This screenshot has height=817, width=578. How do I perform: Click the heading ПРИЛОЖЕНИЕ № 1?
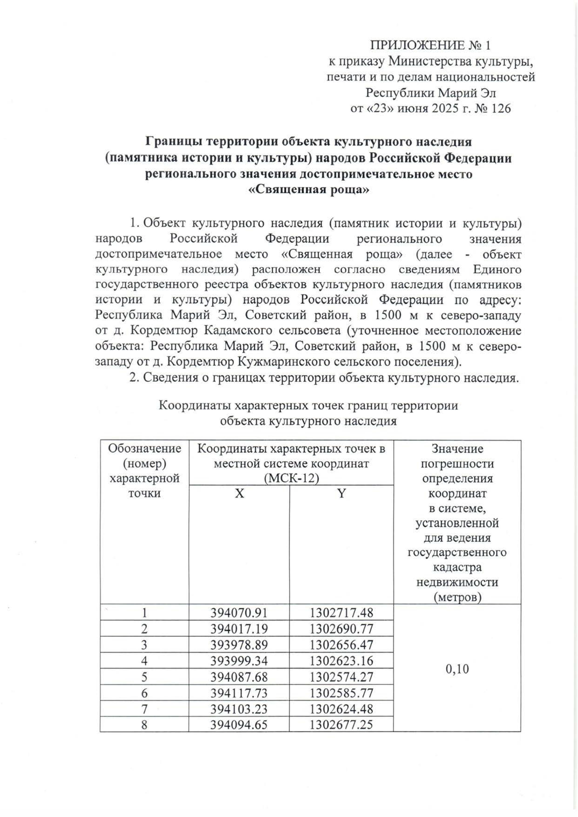[x=430, y=46]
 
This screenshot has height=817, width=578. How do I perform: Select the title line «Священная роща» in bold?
[x=308, y=190]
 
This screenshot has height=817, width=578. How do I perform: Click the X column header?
[x=239, y=494]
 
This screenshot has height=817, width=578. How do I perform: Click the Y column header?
[x=341, y=494]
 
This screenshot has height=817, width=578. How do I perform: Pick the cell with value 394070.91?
[x=239, y=613]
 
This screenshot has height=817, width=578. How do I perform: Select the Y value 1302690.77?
[x=341, y=629]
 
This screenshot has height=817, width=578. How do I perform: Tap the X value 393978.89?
[x=239, y=645]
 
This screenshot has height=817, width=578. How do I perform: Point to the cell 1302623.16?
[x=341, y=661]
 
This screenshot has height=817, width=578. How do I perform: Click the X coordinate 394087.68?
[x=239, y=677]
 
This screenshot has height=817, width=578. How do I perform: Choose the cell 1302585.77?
[x=341, y=693]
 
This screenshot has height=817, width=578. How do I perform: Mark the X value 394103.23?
[x=239, y=709]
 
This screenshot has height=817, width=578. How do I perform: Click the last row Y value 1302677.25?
[x=341, y=724]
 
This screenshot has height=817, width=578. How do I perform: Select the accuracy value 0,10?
[x=457, y=669]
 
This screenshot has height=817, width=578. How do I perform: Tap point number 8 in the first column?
[x=144, y=725]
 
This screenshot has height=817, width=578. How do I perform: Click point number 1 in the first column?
[x=144, y=613]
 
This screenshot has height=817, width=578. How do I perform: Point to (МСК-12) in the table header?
[x=291, y=479]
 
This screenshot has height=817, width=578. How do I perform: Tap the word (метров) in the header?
[x=457, y=597]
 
